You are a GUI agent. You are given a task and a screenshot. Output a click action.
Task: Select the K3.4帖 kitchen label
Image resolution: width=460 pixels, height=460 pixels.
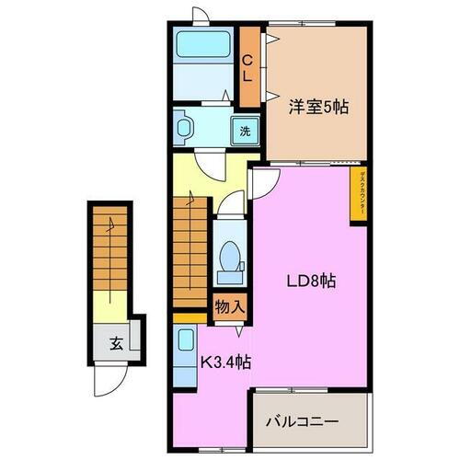[x=224, y=362]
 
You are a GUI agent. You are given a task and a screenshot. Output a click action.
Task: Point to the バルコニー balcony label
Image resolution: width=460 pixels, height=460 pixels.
[x=303, y=422]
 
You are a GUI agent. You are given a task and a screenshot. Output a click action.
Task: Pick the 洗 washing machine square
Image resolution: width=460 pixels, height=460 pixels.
[x=246, y=130]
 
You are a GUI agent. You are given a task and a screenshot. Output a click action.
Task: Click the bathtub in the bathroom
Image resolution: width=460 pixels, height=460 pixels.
[x=203, y=45]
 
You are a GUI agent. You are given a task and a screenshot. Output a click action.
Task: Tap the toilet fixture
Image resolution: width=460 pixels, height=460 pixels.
[x=227, y=258]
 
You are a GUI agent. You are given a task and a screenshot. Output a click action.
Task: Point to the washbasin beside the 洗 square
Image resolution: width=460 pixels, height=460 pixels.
[x=185, y=128]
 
